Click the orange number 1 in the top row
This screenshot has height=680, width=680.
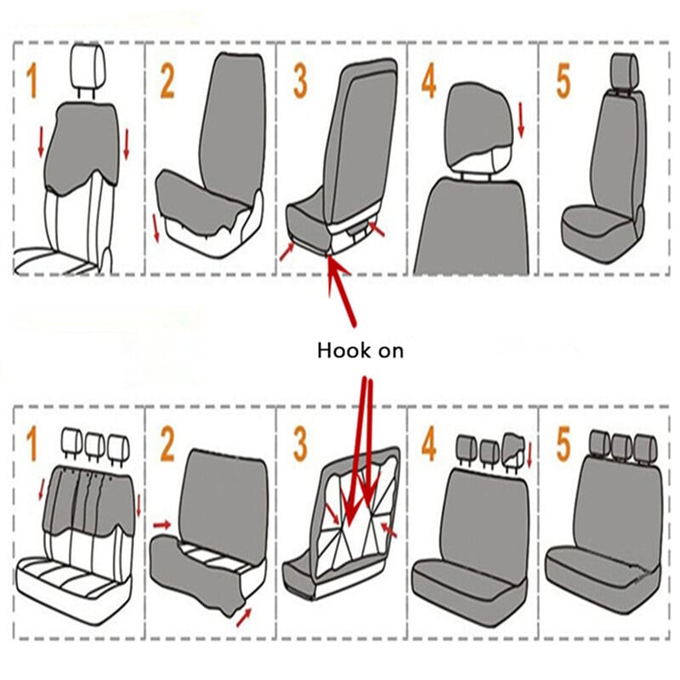[32, 81]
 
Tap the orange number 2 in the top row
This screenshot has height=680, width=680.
[167, 81]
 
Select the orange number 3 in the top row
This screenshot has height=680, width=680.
[300, 81]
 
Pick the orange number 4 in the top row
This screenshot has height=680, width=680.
[428, 81]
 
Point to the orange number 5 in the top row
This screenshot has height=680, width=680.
[563, 81]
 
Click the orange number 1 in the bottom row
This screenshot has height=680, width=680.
[31, 444]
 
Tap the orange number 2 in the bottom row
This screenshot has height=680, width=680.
[167, 444]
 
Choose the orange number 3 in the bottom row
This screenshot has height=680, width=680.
[300, 444]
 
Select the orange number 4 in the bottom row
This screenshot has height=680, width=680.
[428, 444]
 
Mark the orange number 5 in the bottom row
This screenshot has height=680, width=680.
[563, 444]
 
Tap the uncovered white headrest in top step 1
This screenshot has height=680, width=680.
[88, 71]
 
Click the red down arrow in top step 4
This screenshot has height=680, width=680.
[521, 119]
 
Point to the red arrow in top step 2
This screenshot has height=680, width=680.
[156, 228]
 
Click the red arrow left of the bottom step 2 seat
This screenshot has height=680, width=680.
[161, 525]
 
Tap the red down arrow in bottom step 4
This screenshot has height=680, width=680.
[529, 455]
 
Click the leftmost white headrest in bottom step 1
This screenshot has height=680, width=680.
[72, 443]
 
